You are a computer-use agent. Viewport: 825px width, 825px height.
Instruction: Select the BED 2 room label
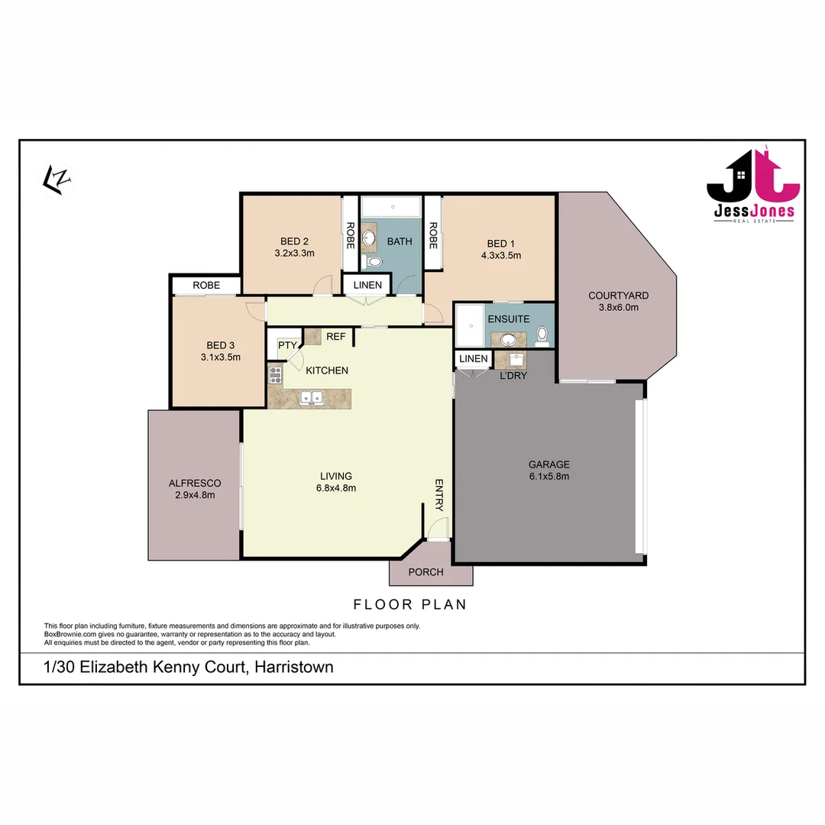pyautogui.click(x=294, y=242)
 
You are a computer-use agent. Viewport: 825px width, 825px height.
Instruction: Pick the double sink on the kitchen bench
pyautogui.click(x=311, y=397)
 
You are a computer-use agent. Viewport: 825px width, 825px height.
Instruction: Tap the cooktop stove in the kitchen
pyautogui.click(x=275, y=375)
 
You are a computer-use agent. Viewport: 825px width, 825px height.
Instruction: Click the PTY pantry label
pyautogui.click(x=287, y=345)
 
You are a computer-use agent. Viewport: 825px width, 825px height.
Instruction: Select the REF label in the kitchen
pyautogui.click(x=335, y=336)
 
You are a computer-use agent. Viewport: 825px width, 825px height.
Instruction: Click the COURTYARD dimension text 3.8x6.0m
pyautogui.click(x=618, y=308)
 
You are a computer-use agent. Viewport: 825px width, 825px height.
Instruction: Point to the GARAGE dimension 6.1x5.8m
pyautogui.click(x=549, y=476)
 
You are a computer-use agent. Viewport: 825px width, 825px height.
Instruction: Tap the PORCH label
pyautogui.click(x=425, y=572)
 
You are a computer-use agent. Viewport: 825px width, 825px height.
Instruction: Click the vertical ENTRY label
pyautogui.click(x=439, y=495)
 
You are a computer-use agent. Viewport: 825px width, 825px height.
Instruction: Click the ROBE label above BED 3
pyautogui.click(x=206, y=285)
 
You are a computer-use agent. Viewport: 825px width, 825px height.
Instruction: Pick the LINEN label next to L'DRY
pyautogui.click(x=474, y=359)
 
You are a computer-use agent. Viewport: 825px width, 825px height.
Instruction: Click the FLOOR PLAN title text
pyautogui.click(x=409, y=604)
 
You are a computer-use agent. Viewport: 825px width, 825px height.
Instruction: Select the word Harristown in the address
pyautogui.click(x=295, y=667)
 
